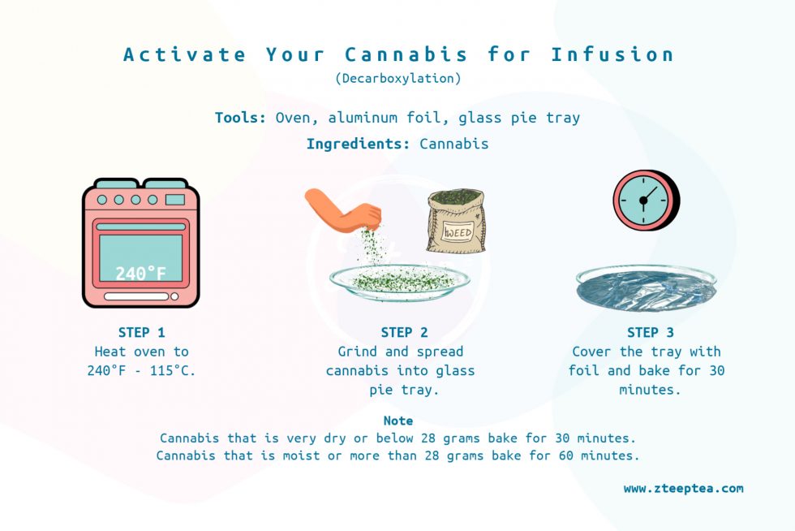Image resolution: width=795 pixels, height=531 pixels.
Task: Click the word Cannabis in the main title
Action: tap(406, 54)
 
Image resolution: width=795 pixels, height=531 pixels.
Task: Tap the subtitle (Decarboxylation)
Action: tap(398, 78)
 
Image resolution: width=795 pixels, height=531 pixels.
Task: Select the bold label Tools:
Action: tap(240, 118)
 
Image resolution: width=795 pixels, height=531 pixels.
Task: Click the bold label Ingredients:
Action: tap(358, 145)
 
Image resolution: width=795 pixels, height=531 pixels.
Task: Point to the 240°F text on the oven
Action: tap(140, 274)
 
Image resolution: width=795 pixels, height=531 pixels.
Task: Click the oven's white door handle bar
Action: tap(136, 296)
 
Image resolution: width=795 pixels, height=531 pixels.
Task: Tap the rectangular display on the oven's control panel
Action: tap(175, 200)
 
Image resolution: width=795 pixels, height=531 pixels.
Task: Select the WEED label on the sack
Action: tap(458, 232)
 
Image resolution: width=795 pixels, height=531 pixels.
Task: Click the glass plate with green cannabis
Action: tap(399, 283)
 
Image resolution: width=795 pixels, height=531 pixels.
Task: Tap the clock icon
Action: tap(646, 200)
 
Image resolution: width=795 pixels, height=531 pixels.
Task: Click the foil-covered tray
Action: tap(647, 287)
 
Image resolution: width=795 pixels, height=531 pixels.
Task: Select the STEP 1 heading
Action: tap(141, 333)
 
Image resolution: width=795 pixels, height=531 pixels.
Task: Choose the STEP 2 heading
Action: tap(404, 333)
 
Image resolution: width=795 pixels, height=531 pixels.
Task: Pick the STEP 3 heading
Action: tap(650, 333)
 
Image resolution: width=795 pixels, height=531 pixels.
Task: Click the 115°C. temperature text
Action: tap(172, 370)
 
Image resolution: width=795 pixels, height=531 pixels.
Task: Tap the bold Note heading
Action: tap(398, 421)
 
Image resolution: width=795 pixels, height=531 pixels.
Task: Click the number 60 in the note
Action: tap(566, 455)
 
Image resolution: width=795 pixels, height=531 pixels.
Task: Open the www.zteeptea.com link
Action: tap(683, 489)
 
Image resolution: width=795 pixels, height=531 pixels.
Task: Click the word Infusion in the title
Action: tap(612, 54)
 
